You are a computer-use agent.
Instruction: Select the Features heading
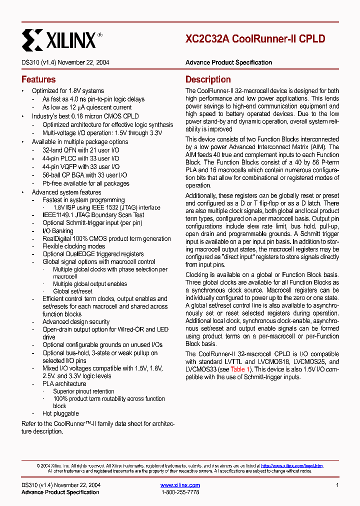38,79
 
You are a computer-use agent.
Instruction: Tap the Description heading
208,79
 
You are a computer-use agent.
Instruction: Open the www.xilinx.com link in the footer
180,485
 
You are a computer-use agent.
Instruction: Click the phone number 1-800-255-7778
180,492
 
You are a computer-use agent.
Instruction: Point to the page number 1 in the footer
337,485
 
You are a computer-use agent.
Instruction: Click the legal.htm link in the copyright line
292,465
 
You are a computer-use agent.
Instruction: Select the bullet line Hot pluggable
60,413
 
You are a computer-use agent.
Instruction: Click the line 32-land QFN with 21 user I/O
80,150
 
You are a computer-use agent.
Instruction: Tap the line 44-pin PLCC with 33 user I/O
80,158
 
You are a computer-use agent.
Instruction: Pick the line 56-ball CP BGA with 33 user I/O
84,175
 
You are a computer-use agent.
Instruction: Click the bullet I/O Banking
57,231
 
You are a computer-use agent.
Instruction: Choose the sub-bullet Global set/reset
73,291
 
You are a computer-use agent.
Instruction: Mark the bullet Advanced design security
76,321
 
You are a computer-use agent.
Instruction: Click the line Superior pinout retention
83,391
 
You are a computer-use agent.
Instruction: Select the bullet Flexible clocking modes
73,246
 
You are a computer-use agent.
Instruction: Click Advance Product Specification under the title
228,62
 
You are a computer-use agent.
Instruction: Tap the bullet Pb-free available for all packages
85,183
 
